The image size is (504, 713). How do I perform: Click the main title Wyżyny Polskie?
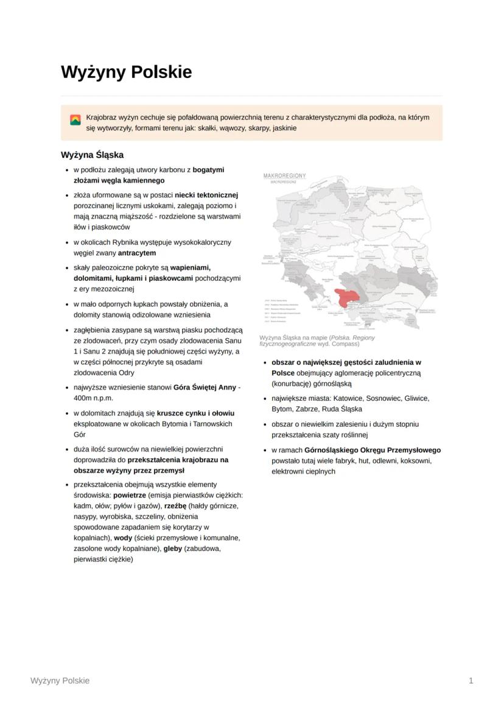click(x=126, y=72)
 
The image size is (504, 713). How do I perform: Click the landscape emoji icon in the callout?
click(x=75, y=120)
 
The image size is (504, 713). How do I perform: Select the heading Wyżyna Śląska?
click(x=92, y=155)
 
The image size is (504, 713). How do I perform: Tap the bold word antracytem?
click(x=137, y=253)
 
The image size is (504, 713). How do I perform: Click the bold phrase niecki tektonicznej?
click(x=206, y=195)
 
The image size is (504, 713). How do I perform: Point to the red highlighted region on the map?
click(x=346, y=297)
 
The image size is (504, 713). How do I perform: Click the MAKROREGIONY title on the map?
click(x=284, y=176)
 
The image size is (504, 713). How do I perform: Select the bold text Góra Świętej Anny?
click(x=205, y=387)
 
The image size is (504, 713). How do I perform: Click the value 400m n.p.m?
click(x=94, y=398)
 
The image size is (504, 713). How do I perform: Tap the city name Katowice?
click(x=342, y=398)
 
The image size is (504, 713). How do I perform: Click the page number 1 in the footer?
click(x=471, y=681)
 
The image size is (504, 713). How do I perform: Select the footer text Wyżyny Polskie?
click(x=60, y=681)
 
